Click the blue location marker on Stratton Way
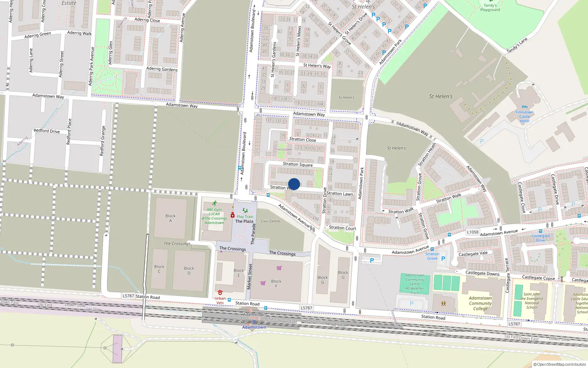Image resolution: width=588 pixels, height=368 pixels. click(x=294, y=184)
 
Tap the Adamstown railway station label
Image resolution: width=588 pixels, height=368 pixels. click(x=254, y=327)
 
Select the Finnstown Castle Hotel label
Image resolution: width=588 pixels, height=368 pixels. click(x=524, y=117)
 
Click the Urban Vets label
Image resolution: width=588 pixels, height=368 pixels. click(x=220, y=300)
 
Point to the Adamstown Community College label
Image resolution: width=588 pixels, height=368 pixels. click(x=480, y=303)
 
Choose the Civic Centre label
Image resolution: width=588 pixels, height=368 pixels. click(x=270, y=221)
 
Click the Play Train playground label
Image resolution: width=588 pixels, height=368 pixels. click(x=245, y=217)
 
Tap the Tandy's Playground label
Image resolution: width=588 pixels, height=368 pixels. click(x=490, y=7)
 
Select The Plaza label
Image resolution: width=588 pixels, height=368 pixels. click(x=244, y=222)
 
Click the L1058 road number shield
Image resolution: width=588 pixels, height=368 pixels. click(x=473, y=232)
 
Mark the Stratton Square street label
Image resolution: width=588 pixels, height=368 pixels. click(x=298, y=164)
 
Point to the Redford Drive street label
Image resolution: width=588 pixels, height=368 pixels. click(x=47, y=131)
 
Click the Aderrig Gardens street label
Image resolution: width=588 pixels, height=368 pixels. click(x=162, y=69)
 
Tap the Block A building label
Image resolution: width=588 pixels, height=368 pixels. click(x=171, y=218)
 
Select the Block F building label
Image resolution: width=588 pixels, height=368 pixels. click(x=276, y=283)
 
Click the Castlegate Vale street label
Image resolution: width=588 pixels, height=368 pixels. click(x=473, y=254)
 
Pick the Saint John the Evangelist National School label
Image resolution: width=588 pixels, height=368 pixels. click(x=532, y=301)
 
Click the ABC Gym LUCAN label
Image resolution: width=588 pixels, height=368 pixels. click(x=214, y=216)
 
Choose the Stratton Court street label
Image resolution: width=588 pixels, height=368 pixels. click(x=342, y=228)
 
